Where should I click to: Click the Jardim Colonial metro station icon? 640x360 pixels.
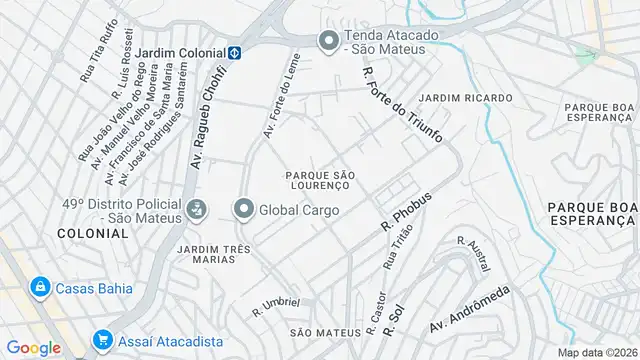coord(233,52)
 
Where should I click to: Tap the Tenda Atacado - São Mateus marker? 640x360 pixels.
coord(327,41)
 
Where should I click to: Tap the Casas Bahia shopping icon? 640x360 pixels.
coord(41,287)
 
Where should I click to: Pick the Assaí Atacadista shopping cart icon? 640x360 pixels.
coord(102,341)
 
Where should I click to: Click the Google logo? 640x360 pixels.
coord(33,347)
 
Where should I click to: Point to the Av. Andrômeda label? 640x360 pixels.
coord(470,312)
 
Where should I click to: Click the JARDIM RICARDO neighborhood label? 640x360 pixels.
coord(465,97)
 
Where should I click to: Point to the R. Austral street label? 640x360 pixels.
coord(473,255)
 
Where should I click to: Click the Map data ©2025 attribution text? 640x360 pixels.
coord(596,352)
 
